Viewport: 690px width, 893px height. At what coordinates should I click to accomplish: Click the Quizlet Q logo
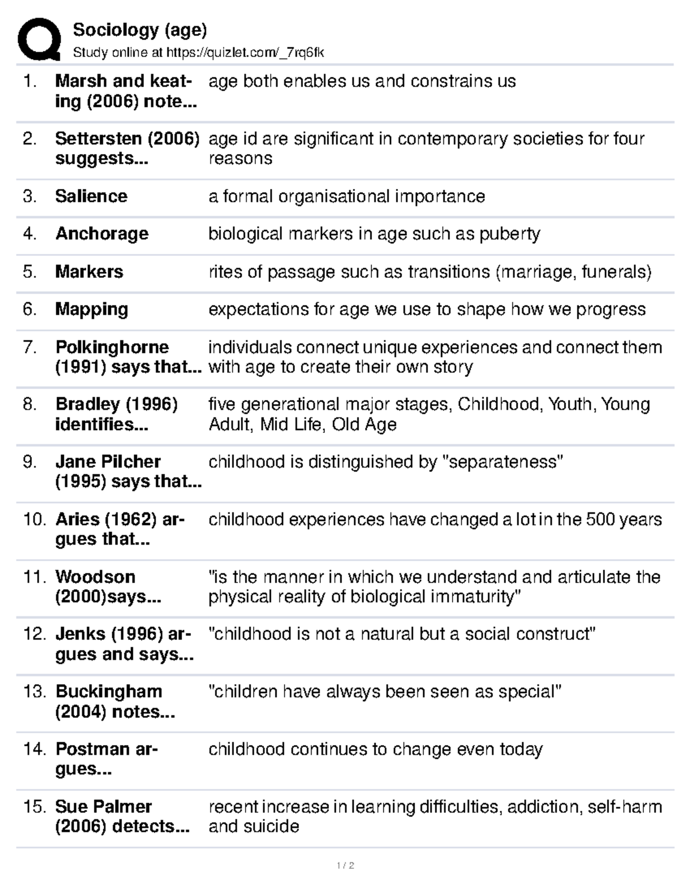pos(39,39)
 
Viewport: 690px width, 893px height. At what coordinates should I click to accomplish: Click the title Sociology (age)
pos(140,29)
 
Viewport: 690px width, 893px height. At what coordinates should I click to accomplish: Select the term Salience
pos(91,196)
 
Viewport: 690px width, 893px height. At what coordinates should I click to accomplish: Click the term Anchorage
pos(102,233)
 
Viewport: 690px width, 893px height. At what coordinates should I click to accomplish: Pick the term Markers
pos(89,271)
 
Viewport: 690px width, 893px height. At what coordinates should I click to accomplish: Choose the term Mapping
pos(91,309)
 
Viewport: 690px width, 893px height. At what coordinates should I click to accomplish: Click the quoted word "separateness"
pos(502,462)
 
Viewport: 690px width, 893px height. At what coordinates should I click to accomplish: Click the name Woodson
pos(95,577)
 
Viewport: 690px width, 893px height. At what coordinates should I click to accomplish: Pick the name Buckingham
pos(109,691)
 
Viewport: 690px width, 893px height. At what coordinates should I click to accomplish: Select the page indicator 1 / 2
pos(345,865)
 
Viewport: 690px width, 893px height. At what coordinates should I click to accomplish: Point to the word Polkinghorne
pos(112,347)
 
